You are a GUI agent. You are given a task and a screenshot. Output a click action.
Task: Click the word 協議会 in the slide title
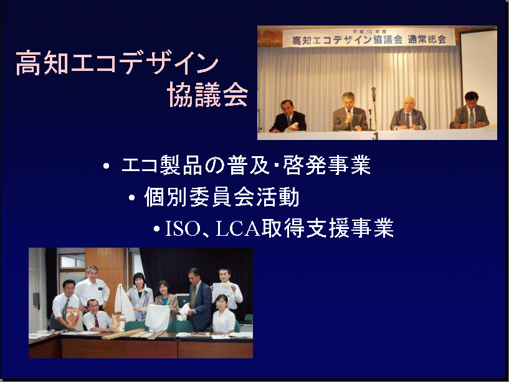coord(207,94)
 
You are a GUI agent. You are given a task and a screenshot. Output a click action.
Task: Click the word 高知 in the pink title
coord(42,63)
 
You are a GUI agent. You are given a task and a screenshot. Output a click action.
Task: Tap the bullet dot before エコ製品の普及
coord(106,166)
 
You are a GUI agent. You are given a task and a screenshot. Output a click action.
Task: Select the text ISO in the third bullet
coord(183,228)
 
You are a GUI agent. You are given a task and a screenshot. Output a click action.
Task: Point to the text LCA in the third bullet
coord(238,228)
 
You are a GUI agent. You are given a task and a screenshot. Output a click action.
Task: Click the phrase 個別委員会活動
coord(222,197)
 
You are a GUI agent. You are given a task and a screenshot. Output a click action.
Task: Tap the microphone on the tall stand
coord(374,91)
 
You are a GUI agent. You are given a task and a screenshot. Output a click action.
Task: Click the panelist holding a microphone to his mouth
coord(349,113)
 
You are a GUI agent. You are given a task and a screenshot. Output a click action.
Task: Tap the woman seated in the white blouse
coord(224,315)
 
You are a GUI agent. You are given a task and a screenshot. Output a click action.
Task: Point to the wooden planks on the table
coord(133,333)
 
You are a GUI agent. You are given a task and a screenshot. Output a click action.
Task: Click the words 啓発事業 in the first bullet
coord(327,165)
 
